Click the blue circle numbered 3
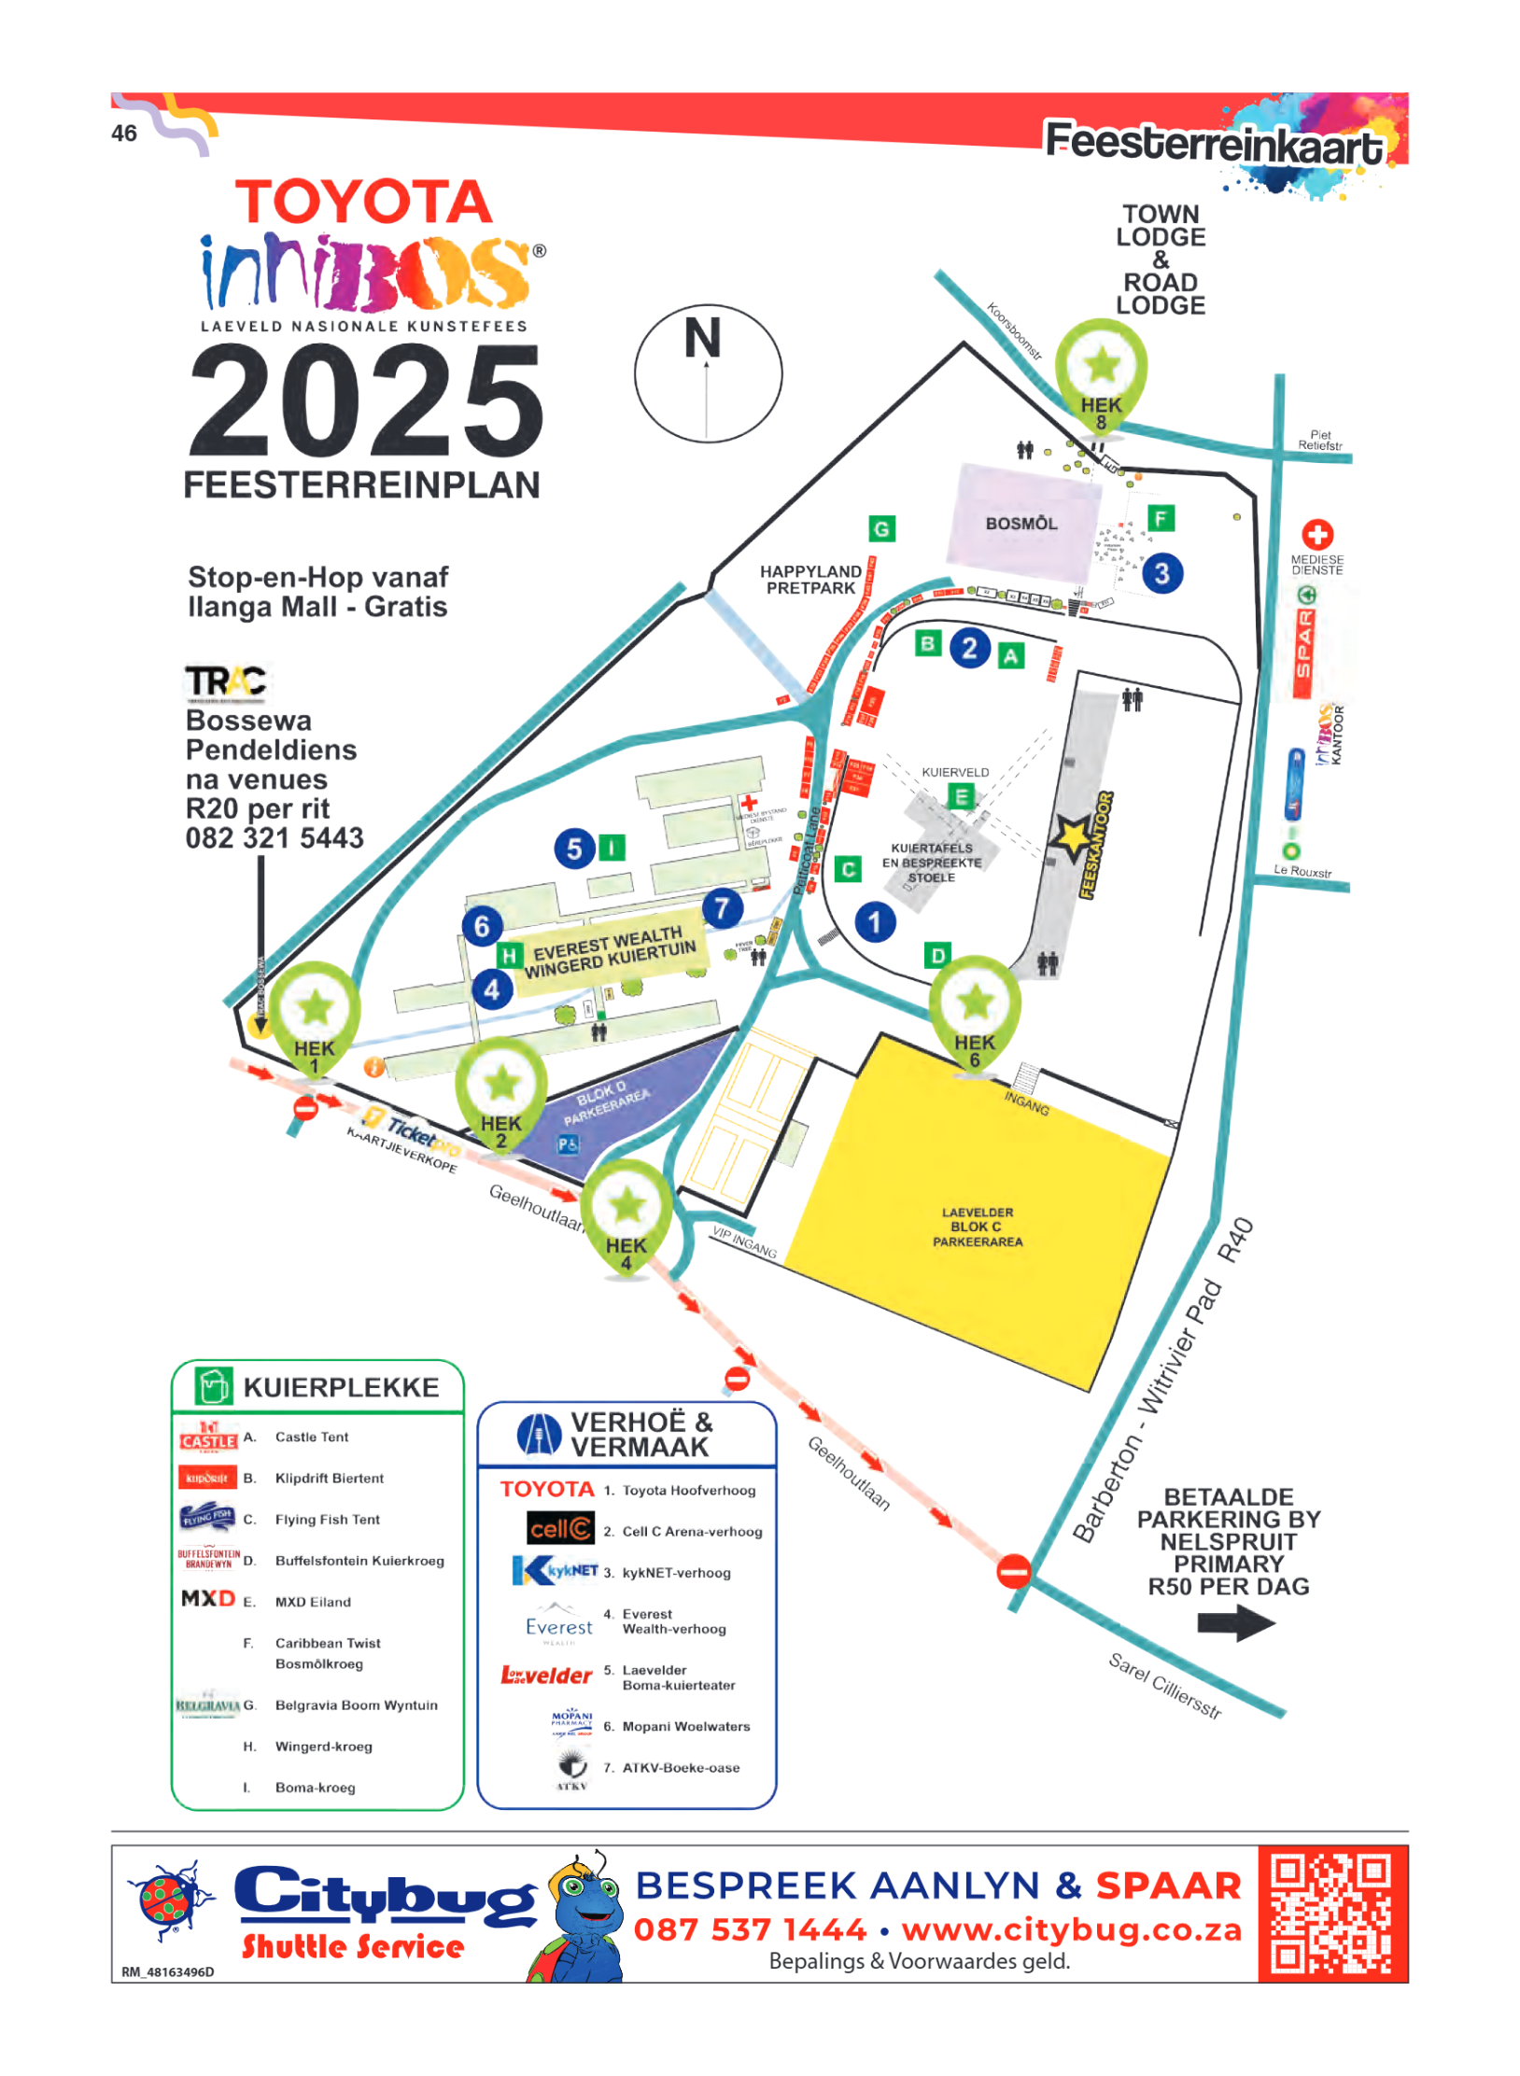(x=1161, y=573)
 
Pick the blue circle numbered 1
(x=874, y=922)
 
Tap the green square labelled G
(x=880, y=529)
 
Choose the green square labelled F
(x=1160, y=518)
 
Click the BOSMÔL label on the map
(x=1020, y=524)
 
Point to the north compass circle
(x=707, y=373)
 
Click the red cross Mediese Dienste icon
(x=1316, y=534)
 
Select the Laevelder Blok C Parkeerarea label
(x=977, y=1226)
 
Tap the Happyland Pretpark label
(x=809, y=579)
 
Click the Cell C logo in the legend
(x=559, y=1528)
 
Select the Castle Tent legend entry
(x=311, y=1437)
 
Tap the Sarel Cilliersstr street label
(x=1163, y=1684)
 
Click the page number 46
(x=124, y=133)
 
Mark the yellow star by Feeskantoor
(x=1072, y=836)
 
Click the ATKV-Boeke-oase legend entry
(x=680, y=1767)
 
